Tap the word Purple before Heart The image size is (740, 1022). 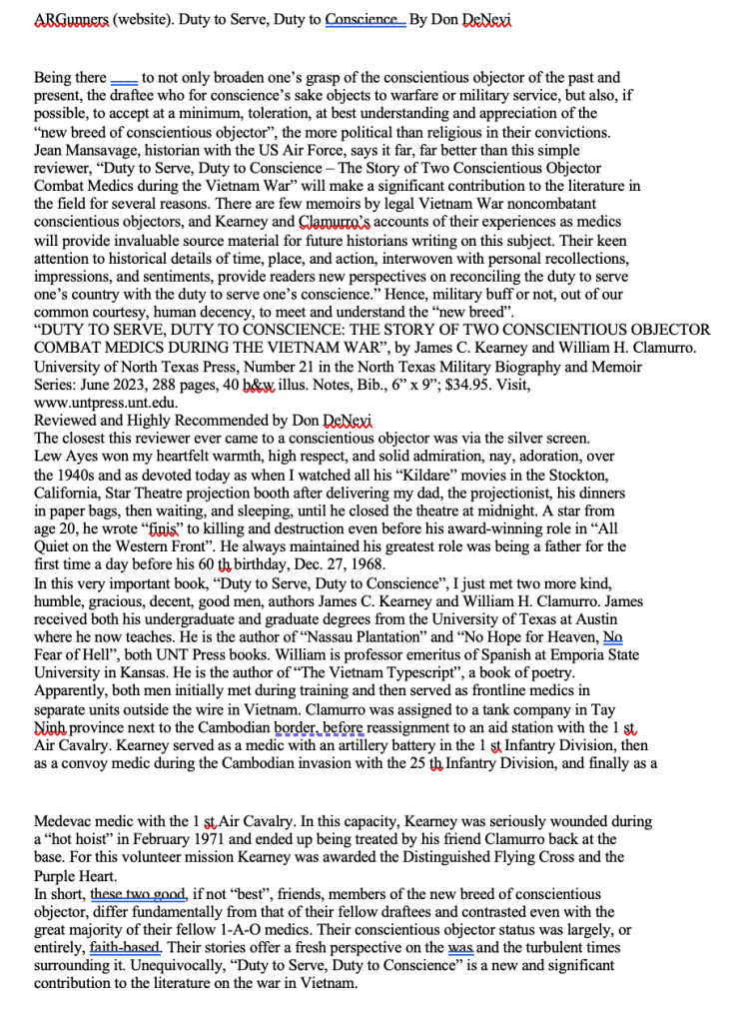coord(58,874)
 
